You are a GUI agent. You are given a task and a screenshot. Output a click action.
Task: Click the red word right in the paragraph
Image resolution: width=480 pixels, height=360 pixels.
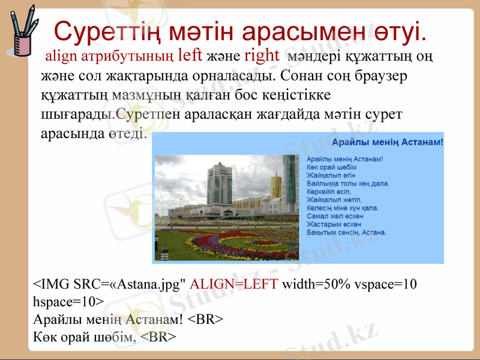[x=262, y=56]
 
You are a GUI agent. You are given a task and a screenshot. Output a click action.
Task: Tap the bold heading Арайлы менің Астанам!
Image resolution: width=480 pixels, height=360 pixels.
[x=387, y=142]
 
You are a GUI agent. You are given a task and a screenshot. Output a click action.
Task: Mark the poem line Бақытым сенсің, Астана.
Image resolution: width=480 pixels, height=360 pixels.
[x=346, y=232]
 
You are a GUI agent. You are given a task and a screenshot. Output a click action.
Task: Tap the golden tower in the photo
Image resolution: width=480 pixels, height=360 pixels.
[x=275, y=185]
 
